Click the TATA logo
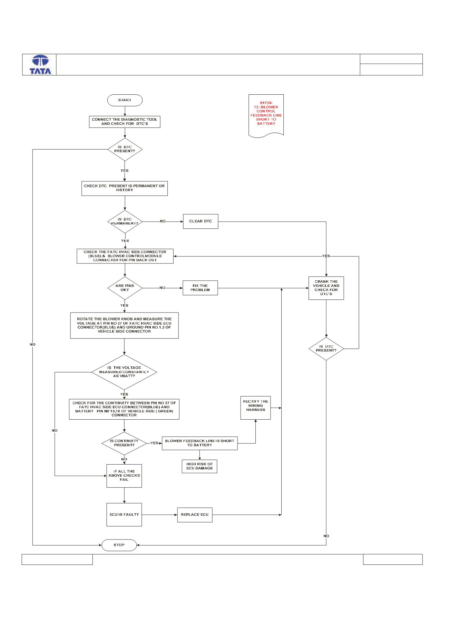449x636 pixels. point(40,65)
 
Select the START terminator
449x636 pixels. point(125,100)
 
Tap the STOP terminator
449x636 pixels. point(119,545)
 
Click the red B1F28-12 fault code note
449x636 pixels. point(266,116)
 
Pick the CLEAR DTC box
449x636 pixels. point(201,221)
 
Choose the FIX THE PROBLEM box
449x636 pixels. point(201,288)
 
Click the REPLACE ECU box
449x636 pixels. point(195,515)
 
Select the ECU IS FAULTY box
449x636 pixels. point(124,515)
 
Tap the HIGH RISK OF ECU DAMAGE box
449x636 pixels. point(199,466)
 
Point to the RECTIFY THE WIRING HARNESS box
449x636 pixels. point(255,408)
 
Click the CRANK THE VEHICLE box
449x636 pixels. point(326,288)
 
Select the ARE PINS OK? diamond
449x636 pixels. point(125,288)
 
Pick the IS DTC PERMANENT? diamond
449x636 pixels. point(125,222)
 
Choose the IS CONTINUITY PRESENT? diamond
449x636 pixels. point(124,443)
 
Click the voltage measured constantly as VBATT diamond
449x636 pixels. point(124,372)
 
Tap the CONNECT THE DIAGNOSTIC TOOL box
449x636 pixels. point(125,121)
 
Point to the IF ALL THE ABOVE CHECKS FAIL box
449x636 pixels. point(124,476)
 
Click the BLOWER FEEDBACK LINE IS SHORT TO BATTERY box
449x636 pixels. point(200,443)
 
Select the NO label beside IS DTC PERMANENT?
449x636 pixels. point(163,221)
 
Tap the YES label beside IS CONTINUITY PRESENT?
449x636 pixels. point(154,443)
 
